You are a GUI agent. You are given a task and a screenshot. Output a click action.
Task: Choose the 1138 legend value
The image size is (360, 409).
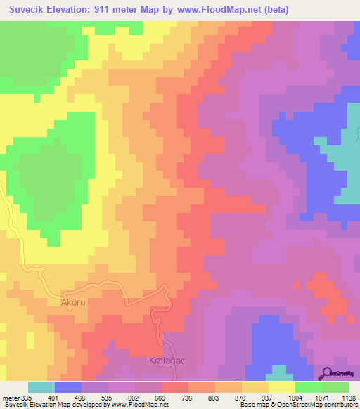point(347,398)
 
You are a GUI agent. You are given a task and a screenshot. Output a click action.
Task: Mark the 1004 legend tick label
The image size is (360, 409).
point(295,398)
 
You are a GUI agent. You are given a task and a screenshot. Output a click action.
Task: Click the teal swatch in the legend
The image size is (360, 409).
point(41,387)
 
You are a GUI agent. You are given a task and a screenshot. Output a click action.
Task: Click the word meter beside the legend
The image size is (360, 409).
point(10,398)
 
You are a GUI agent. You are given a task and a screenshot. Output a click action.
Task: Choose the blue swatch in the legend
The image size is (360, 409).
point(68,387)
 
